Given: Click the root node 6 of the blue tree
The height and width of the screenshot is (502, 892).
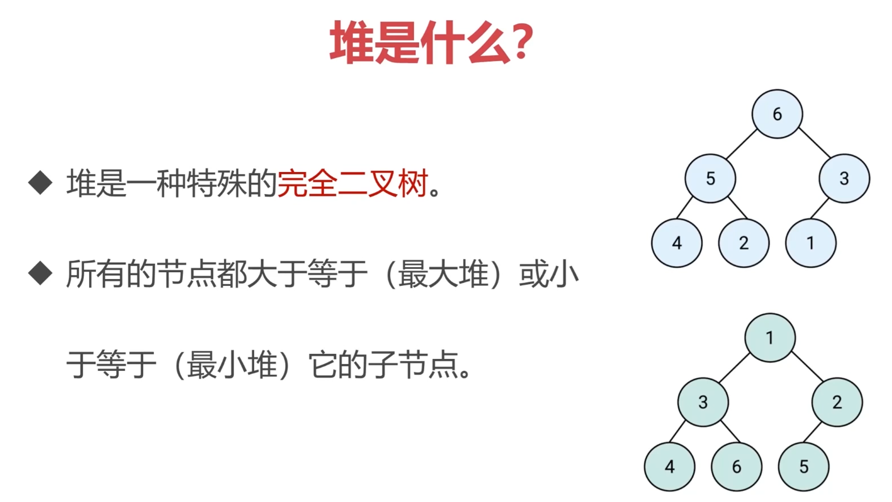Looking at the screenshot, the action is click(x=777, y=114).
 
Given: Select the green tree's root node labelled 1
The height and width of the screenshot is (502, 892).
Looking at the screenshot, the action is click(x=770, y=338).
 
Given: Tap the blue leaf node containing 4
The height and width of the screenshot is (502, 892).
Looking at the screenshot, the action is click(x=677, y=243).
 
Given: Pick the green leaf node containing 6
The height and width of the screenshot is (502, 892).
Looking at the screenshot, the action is click(x=736, y=466).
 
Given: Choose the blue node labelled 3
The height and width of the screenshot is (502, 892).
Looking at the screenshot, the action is click(x=844, y=178).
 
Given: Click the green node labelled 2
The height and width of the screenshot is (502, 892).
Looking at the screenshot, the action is click(x=837, y=402).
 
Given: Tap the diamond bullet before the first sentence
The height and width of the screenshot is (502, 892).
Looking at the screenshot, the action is click(x=40, y=183).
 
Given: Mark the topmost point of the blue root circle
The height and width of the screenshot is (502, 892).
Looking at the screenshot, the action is click(x=777, y=89).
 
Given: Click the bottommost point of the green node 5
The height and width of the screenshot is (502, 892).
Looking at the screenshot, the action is click(x=804, y=491).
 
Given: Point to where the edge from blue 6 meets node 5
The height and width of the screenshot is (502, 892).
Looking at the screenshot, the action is click(x=727, y=160).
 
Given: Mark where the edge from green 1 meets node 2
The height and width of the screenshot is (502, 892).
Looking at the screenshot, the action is click(x=823, y=381).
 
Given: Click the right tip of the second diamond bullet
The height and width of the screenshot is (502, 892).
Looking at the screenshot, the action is click(x=53, y=273).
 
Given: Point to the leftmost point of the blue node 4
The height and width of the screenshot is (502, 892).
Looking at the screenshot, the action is click(x=651, y=243).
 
